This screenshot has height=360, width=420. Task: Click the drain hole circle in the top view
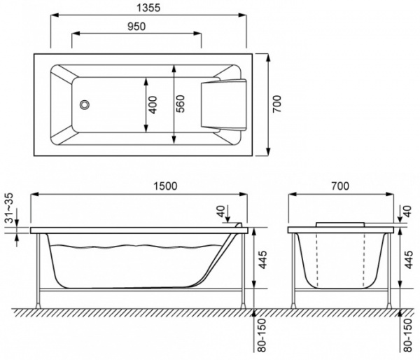pyautogui.click(x=85, y=104)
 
